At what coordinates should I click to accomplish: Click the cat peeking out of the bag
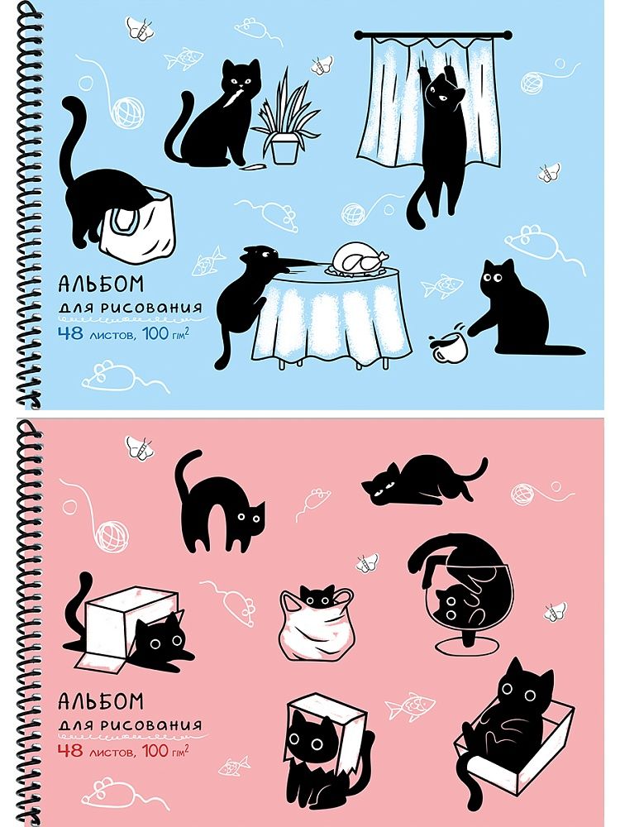317,595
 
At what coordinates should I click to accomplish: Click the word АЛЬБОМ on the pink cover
101,701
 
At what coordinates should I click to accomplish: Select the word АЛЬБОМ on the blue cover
101,284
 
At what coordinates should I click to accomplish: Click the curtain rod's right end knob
508,36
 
